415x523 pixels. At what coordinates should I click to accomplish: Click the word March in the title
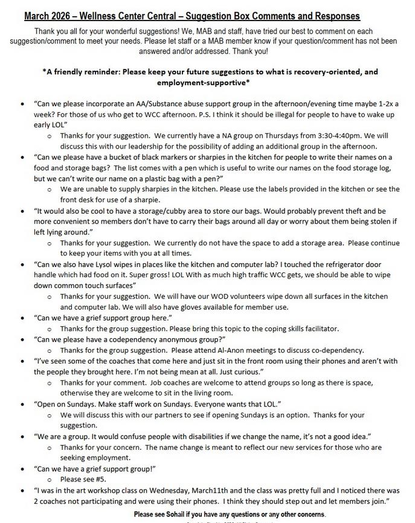click(x=37, y=16)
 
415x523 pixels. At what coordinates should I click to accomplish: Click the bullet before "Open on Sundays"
click(x=22, y=404)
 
